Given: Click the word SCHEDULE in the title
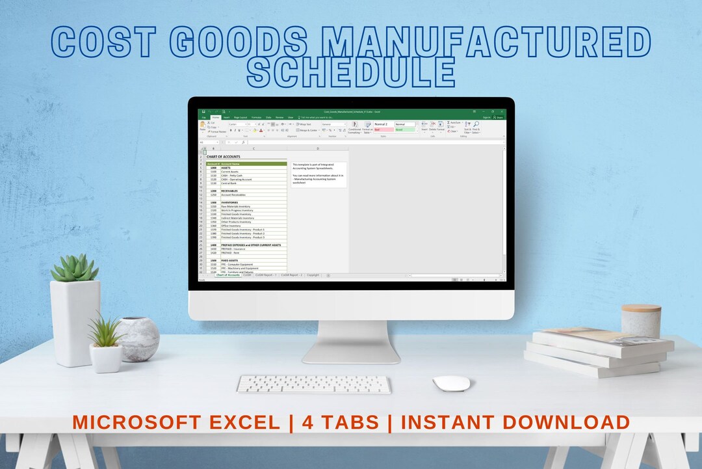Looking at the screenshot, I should [352, 72].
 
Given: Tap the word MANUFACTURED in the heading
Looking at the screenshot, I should [488, 42].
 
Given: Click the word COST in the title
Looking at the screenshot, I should [111, 42].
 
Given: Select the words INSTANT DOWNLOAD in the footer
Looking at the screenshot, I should [515, 422].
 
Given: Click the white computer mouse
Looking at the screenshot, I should [451, 383].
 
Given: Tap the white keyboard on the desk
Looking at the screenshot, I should [314, 384].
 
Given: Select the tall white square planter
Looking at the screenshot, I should [75, 322].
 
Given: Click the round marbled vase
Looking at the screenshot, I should [137, 339].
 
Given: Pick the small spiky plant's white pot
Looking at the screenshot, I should [105, 358].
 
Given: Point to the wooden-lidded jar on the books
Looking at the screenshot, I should [641, 320].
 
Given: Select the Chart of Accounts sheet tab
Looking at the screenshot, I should [227, 275].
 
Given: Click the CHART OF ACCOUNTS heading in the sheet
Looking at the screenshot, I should [224, 157].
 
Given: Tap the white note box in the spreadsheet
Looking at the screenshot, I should [318, 174].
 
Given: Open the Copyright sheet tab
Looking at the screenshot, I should [313, 275].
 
